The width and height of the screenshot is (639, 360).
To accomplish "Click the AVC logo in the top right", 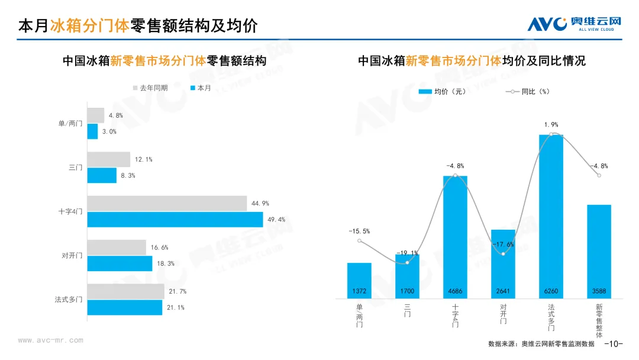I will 574,23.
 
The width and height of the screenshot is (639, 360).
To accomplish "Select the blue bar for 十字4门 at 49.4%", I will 175,220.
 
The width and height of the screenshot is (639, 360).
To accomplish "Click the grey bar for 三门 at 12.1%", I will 109,159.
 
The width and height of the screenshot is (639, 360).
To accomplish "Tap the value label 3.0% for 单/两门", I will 109,131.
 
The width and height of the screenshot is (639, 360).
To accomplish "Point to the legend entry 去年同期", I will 150,88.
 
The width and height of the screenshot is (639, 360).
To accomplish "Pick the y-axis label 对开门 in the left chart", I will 72,256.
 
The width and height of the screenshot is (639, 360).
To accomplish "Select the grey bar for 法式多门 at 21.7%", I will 126,291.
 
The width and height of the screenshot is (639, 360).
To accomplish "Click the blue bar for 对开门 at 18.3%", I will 120,263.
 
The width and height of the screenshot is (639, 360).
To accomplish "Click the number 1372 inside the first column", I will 359,292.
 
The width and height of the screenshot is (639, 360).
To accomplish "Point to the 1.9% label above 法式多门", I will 551,125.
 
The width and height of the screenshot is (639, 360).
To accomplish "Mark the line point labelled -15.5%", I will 359,241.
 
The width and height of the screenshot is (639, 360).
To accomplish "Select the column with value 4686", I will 455,237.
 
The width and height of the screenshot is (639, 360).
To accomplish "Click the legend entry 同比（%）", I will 528,92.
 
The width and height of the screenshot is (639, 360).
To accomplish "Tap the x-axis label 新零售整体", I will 599,320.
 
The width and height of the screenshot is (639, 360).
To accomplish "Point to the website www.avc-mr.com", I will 50,340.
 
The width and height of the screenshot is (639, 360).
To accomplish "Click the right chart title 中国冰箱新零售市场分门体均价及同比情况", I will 472,61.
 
